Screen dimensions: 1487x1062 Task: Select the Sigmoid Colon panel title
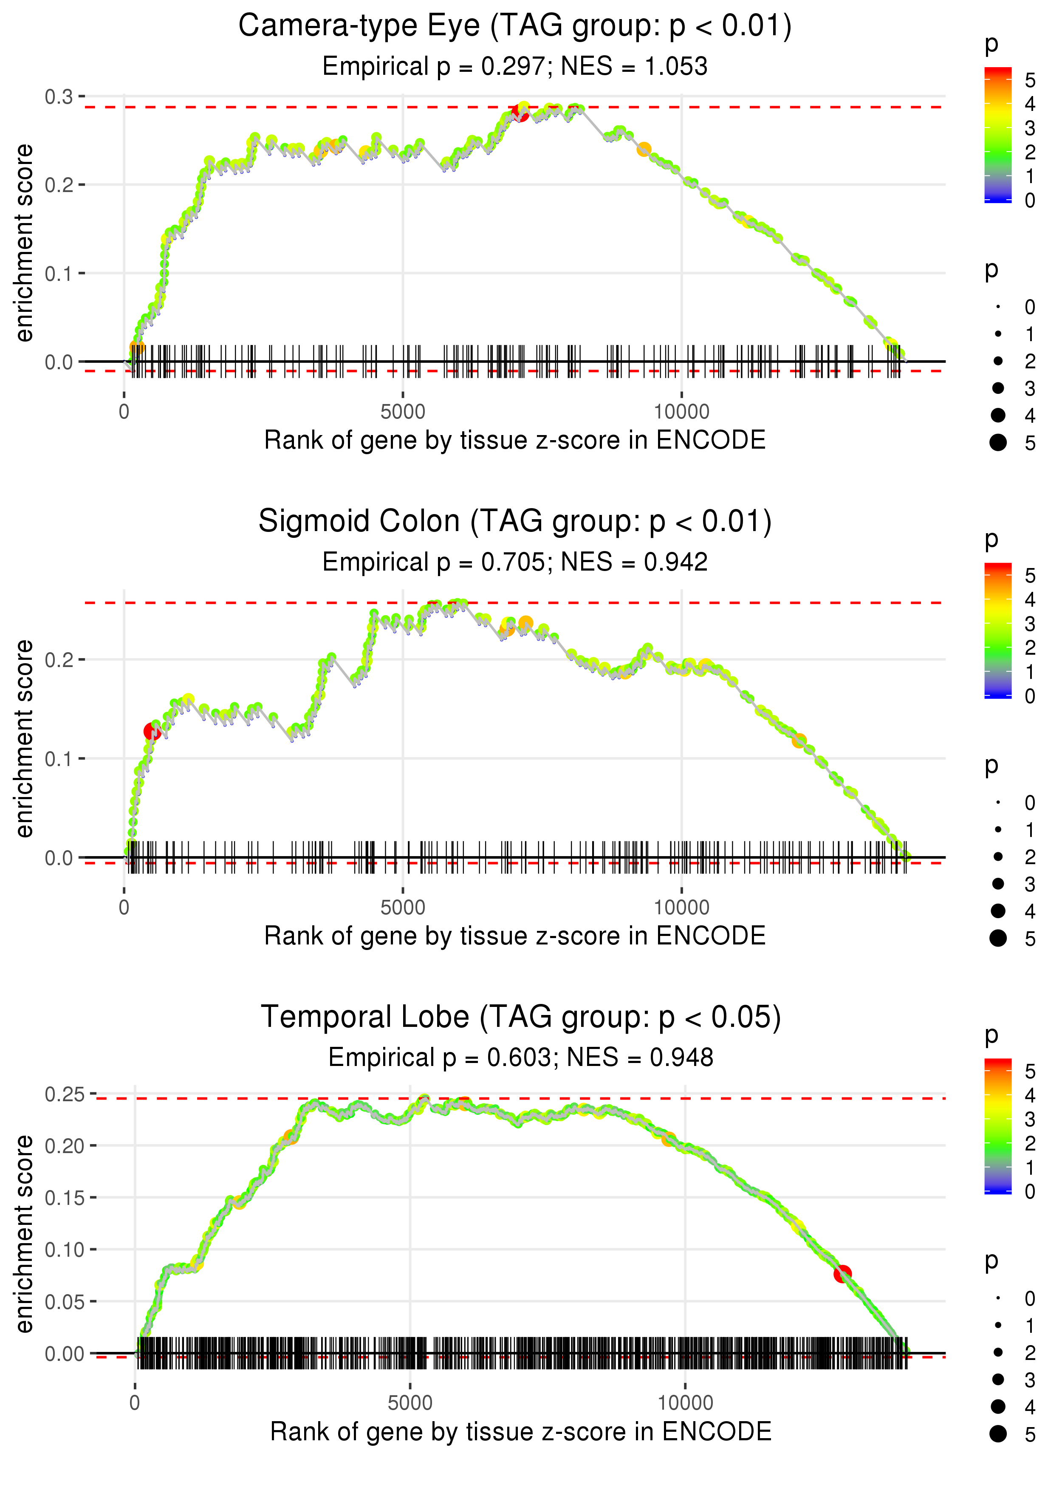click(515, 522)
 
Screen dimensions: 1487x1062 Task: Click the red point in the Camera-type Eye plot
click(520, 113)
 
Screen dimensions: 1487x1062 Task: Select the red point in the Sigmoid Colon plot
click(153, 731)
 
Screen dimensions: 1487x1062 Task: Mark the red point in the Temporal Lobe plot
click(842, 1273)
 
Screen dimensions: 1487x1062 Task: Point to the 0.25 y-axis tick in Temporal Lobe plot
click(64, 1094)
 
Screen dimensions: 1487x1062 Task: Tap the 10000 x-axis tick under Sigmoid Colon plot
click(681, 907)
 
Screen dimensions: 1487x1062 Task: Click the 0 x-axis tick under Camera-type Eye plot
click(124, 412)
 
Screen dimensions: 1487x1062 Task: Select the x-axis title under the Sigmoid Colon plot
click(515, 936)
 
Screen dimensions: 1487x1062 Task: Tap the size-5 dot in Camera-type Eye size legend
click(998, 443)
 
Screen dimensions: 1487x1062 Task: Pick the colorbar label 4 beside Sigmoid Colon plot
click(1030, 599)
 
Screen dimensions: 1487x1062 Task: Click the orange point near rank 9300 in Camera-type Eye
click(644, 150)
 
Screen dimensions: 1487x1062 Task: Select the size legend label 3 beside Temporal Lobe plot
click(1030, 1380)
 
